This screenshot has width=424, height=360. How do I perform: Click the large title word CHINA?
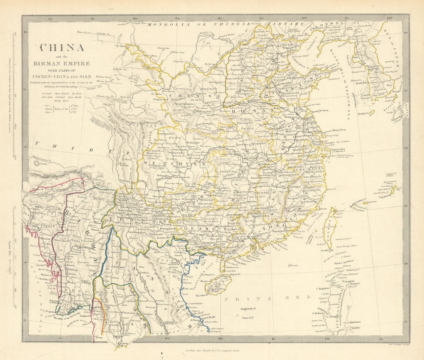coord(62,48)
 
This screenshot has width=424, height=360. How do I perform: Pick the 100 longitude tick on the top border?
coord(135,18)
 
